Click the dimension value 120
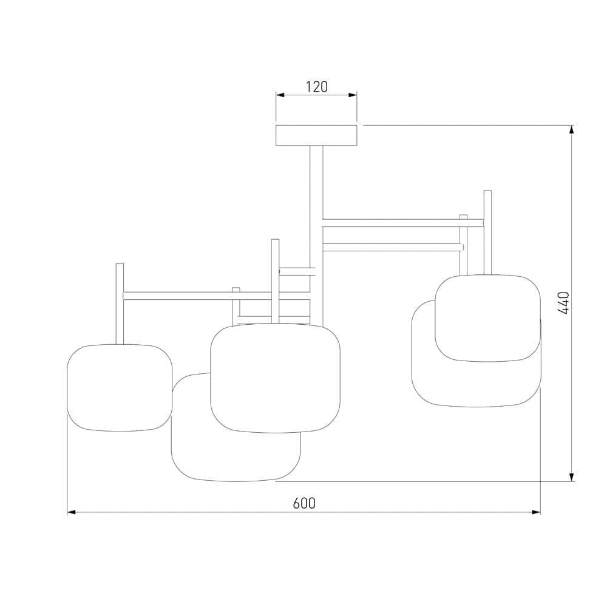pyautogui.click(x=316, y=87)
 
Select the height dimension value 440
pyautogui.click(x=564, y=303)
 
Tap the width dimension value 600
pyautogui.click(x=304, y=503)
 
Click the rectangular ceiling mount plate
pyautogui.click(x=316, y=135)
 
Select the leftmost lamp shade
pyautogui.click(x=119, y=388)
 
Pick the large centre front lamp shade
pyautogui.click(x=275, y=378)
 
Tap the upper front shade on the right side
pyautogui.click(x=487, y=318)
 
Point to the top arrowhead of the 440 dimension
pyautogui.click(x=571, y=129)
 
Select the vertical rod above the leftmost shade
pyautogui.click(x=120, y=303)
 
